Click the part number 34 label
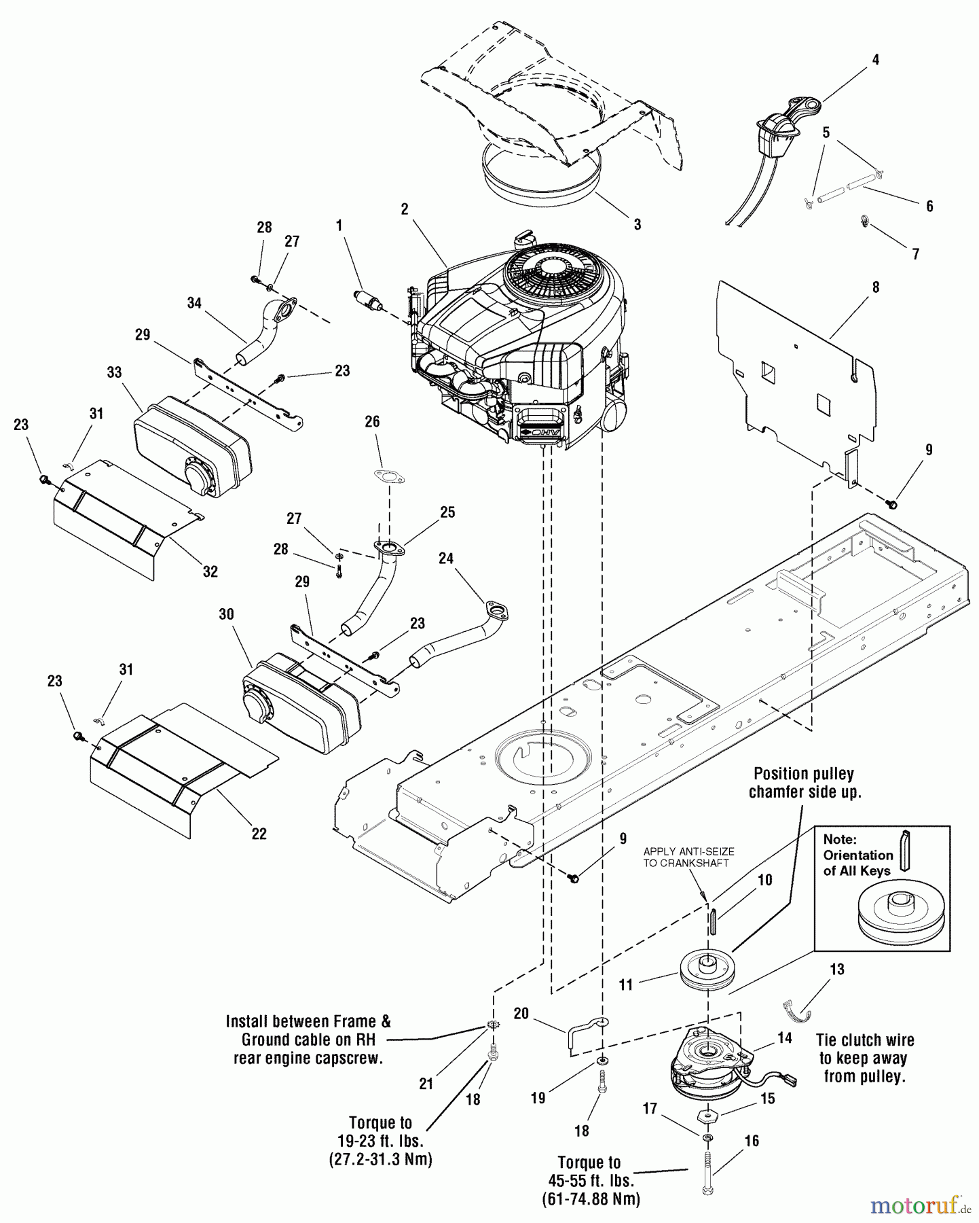(194, 303)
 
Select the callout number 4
(875, 60)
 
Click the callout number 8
(875, 287)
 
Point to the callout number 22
(259, 834)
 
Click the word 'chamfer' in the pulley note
(779, 792)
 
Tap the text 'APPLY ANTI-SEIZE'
(688, 851)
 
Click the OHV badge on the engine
(541, 433)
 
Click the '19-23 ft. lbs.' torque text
(380, 1141)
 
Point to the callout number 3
(637, 224)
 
